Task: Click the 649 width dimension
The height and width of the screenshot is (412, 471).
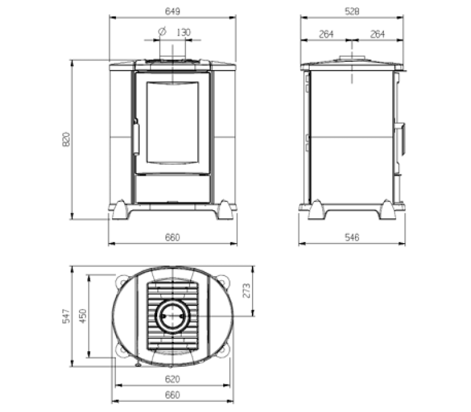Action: [x=173, y=11]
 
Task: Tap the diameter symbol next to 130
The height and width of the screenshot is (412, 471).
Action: [x=162, y=31]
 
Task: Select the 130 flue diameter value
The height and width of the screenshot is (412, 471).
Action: [x=183, y=32]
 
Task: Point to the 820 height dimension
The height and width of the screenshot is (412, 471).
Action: [x=66, y=139]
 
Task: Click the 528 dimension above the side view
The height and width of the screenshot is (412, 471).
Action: [x=351, y=11]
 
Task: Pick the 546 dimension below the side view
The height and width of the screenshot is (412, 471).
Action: [x=351, y=238]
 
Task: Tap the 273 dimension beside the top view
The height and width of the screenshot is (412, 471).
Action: [x=246, y=290]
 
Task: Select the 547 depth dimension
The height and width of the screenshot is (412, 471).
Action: [x=66, y=316]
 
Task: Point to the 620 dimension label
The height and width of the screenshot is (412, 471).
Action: [x=173, y=379]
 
